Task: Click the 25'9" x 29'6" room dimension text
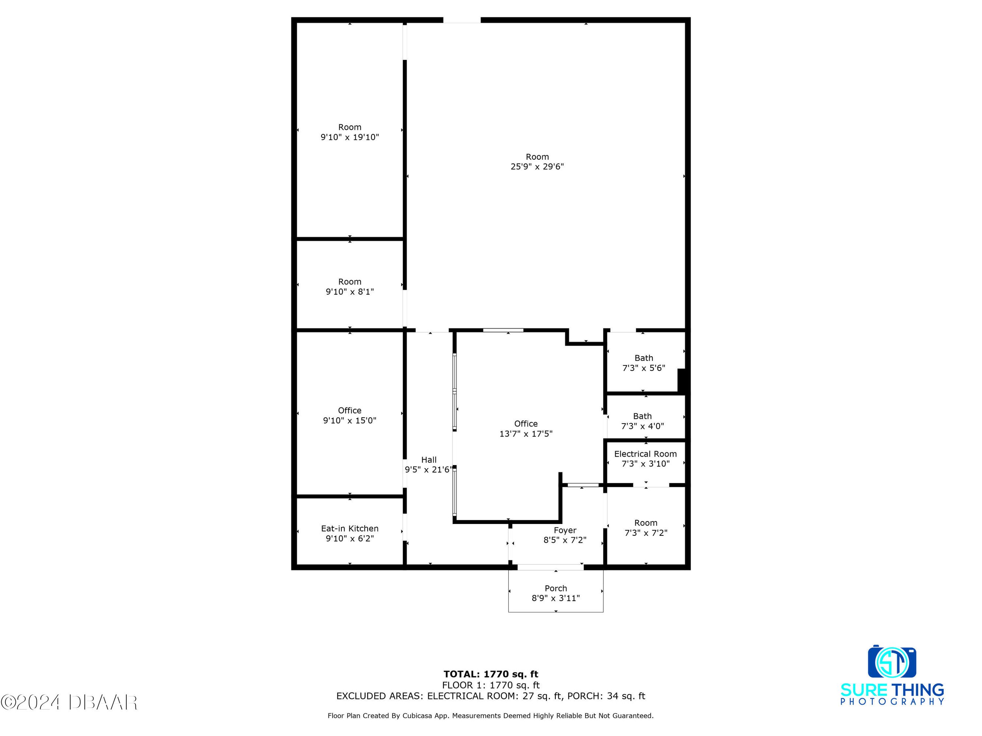click(x=537, y=167)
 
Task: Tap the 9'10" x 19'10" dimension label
click(x=350, y=138)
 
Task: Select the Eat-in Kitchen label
click(x=350, y=528)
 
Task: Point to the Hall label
click(x=429, y=460)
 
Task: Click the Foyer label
click(x=565, y=530)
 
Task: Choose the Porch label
click(x=556, y=588)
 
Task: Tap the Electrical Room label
click(x=645, y=454)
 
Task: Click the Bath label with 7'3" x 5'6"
click(x=644, y=358)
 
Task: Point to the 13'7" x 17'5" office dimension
click(x=526, y=434)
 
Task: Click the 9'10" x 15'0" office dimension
click(x=350, y=421)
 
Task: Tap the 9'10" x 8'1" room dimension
click(x=350, y=292)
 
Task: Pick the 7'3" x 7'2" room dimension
click(x=646, y=533)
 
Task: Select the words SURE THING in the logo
click(x=892, y=690)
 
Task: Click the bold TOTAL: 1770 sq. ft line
click(x=491, y=674)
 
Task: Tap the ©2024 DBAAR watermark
click(x=69, y=702)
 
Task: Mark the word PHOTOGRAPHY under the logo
click(x=892, y=702)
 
